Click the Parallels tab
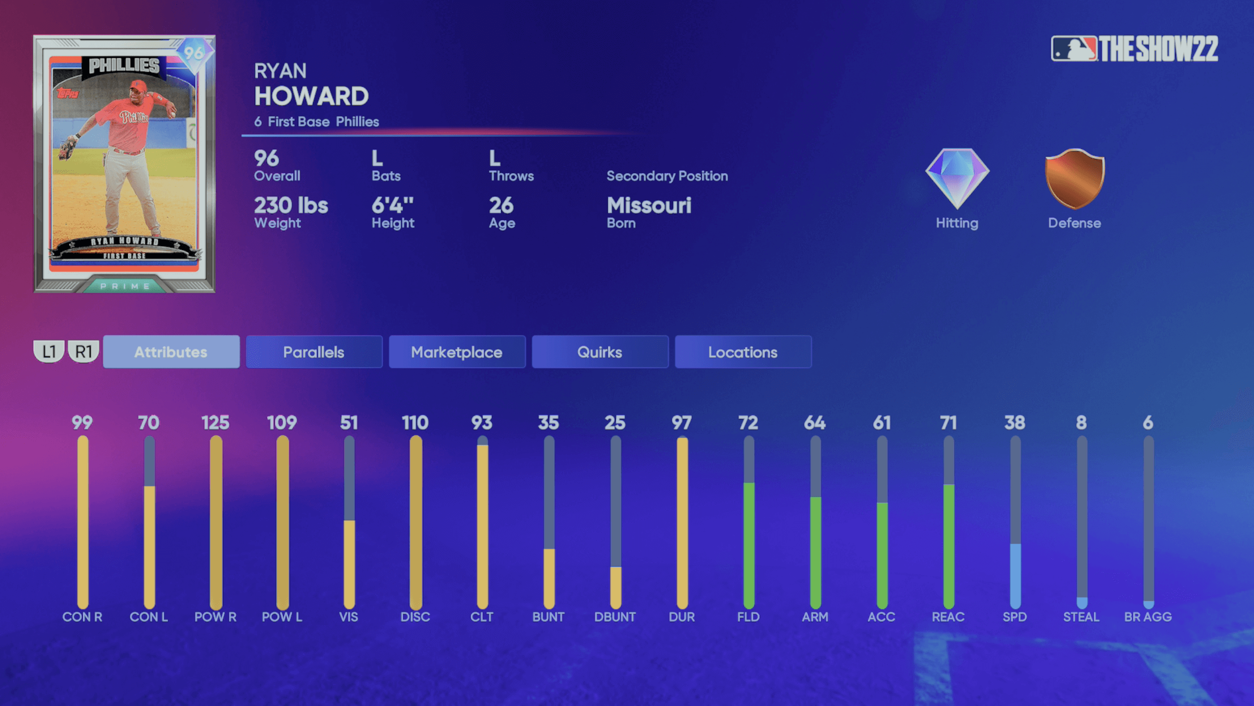point(313,352)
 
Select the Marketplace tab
point(457,352)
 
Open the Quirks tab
point(600,352)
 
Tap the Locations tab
point(743,352)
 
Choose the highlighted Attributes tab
point(171,352)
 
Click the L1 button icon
point(49,351)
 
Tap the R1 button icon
point(84,351)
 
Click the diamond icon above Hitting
point(957,178)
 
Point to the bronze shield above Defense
point(1075,179)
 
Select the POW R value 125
point(216,423)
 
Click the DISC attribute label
point(415,617)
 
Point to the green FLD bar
point(748,544)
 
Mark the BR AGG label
point(1148,617)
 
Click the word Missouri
point(649,205)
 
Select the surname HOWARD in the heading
point(312,96)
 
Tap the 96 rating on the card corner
point(193,53)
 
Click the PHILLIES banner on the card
point(124,66)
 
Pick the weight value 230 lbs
point(291,205)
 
